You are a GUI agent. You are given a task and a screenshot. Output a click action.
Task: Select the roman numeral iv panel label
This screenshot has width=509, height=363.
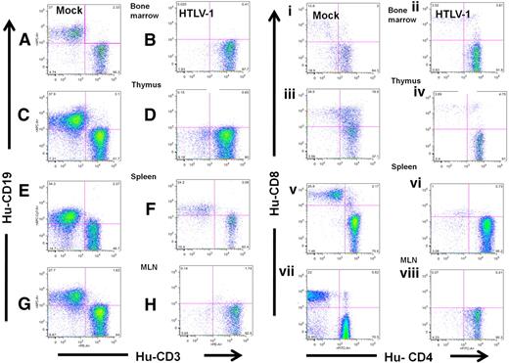[421, 94]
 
